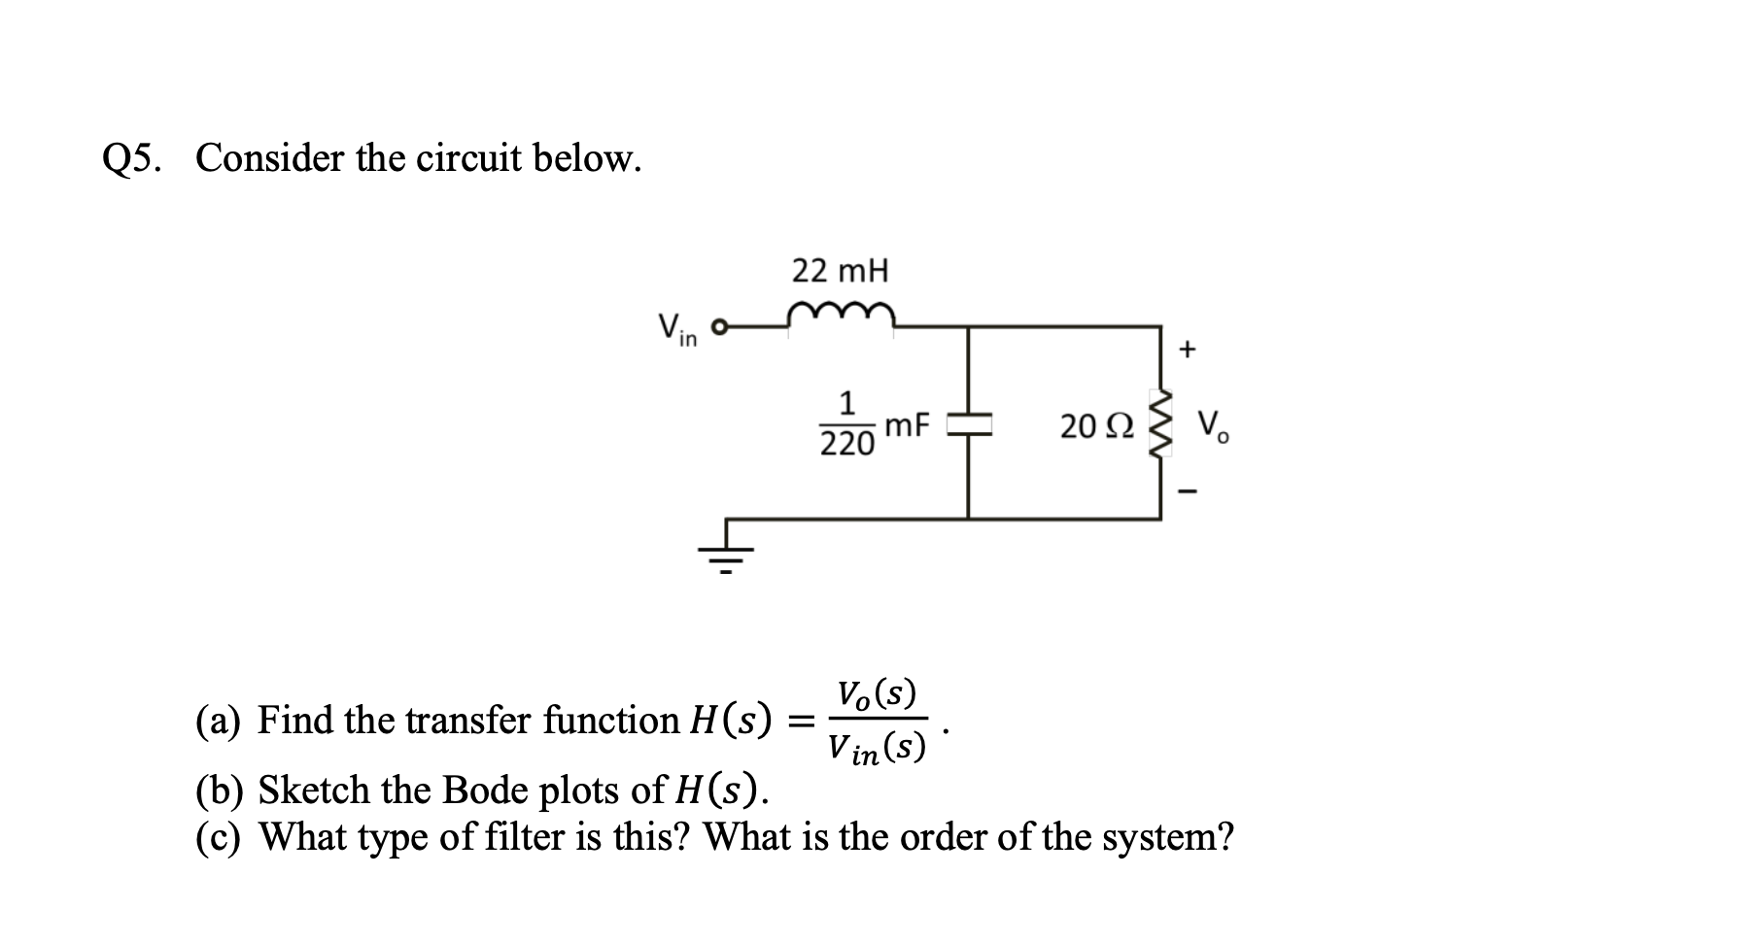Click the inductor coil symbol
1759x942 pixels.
pos(841,315)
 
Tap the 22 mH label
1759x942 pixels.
pos(840,271)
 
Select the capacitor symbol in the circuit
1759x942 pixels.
pos(968,423)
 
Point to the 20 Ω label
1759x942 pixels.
pos(1095,426)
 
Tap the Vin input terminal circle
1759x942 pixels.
pos(720,327)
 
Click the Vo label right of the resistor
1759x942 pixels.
pos(1213,426)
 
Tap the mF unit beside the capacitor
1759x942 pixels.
pos(907,424)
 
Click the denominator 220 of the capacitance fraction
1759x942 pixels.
pos(846,445)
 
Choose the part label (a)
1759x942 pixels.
pos(219,721)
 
